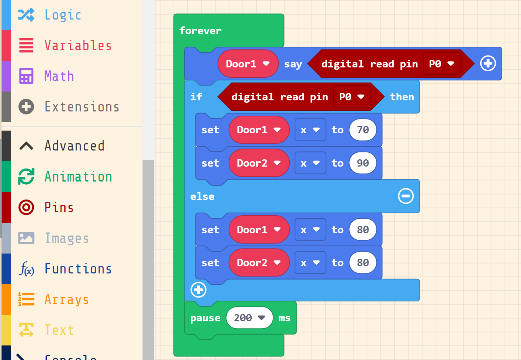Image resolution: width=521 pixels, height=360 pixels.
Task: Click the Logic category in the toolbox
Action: tap(63, 15)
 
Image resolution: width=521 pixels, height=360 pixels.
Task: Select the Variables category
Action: tap(78, 46)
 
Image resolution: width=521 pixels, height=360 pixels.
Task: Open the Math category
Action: tap(59, 76)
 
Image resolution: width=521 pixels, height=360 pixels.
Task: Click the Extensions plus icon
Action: tap(26, 107)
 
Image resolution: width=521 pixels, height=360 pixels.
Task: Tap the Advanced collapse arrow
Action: tap(26, 146)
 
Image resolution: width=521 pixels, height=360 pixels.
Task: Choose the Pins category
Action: tap(59, 208)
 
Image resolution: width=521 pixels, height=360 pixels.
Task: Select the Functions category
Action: tap(78, 269)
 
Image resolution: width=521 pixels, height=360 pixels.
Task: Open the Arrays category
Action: tap(67, 299)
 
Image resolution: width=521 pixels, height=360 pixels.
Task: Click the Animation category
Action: tap(78, 177)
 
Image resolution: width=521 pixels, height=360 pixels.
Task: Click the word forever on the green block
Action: tap(200, 31)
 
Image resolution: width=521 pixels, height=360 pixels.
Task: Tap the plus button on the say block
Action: tap(488, 64)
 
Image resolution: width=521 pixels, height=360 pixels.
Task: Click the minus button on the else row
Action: tap(406, 196)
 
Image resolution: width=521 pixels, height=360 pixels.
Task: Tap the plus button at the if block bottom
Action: tap(198, 290)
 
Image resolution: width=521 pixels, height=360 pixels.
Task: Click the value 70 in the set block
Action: tap(363, 130)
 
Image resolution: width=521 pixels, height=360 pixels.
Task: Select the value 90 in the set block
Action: tap(363, 163)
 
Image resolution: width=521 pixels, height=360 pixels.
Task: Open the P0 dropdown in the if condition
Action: tap(352, 97)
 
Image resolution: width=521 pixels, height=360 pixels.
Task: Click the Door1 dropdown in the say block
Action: tap(247, 64)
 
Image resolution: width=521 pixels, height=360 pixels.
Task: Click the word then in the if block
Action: tap(402, 97)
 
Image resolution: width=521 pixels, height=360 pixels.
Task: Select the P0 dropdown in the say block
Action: tap(441, 64)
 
